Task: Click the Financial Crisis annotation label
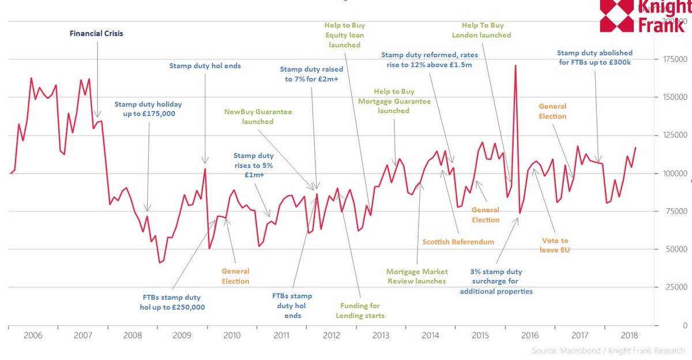pos(96,33)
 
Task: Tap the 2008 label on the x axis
pos(133,335)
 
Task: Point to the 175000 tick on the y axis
pos(671,59)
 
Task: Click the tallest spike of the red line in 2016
pos(515,66)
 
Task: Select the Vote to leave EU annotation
pos(555,245)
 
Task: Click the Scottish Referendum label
pos(458,242)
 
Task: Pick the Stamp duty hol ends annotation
pos(205,66)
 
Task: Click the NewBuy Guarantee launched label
pos(258,117)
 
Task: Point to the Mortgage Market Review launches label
pos(416,276)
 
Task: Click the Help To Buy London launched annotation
pos(486,30)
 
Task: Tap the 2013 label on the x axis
pos(380,335)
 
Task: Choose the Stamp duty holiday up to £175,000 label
pos(148,109)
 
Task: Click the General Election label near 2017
pos(552,111)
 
